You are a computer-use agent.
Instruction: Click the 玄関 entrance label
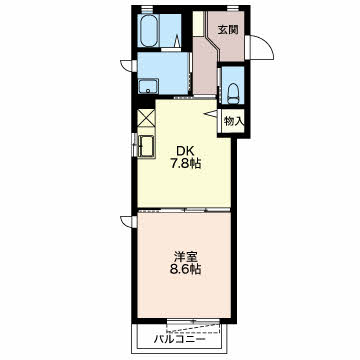228,30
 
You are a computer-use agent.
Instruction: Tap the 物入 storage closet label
234,122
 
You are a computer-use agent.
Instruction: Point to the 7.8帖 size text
186,164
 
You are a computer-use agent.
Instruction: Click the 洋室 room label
186,257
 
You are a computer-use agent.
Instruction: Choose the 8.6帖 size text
186,269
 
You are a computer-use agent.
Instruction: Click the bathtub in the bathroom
149,30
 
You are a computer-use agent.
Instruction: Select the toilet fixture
233,94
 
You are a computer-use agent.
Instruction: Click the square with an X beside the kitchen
147,117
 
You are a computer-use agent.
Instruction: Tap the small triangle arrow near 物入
211,114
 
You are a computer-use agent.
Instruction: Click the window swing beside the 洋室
126,221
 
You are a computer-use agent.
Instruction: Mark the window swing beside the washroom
126,65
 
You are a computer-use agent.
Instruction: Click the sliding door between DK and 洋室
184,210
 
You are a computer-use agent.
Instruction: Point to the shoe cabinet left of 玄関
198,24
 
